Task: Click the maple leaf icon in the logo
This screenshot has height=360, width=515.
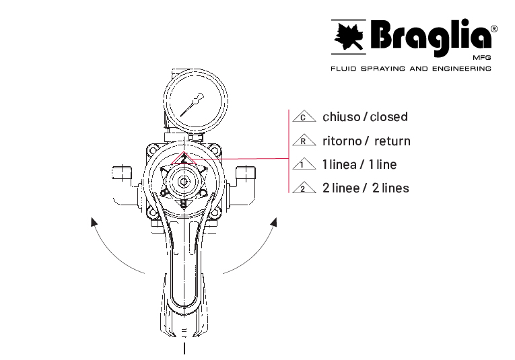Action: (349, 36)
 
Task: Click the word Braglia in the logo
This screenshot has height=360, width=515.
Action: (431, 37)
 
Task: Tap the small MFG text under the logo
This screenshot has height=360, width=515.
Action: (482, 58)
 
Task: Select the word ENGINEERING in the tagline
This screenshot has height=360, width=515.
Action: (461, 69)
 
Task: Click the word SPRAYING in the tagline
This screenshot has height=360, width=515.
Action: (382, 69)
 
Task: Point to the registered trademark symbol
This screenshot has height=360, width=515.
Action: (494, 29)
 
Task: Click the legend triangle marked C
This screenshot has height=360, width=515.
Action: (304, 116)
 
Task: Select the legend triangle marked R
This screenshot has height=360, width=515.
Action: (304, 140)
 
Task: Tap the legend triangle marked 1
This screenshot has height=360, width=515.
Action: (304, 164)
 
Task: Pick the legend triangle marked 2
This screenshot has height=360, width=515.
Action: (304, 187)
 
